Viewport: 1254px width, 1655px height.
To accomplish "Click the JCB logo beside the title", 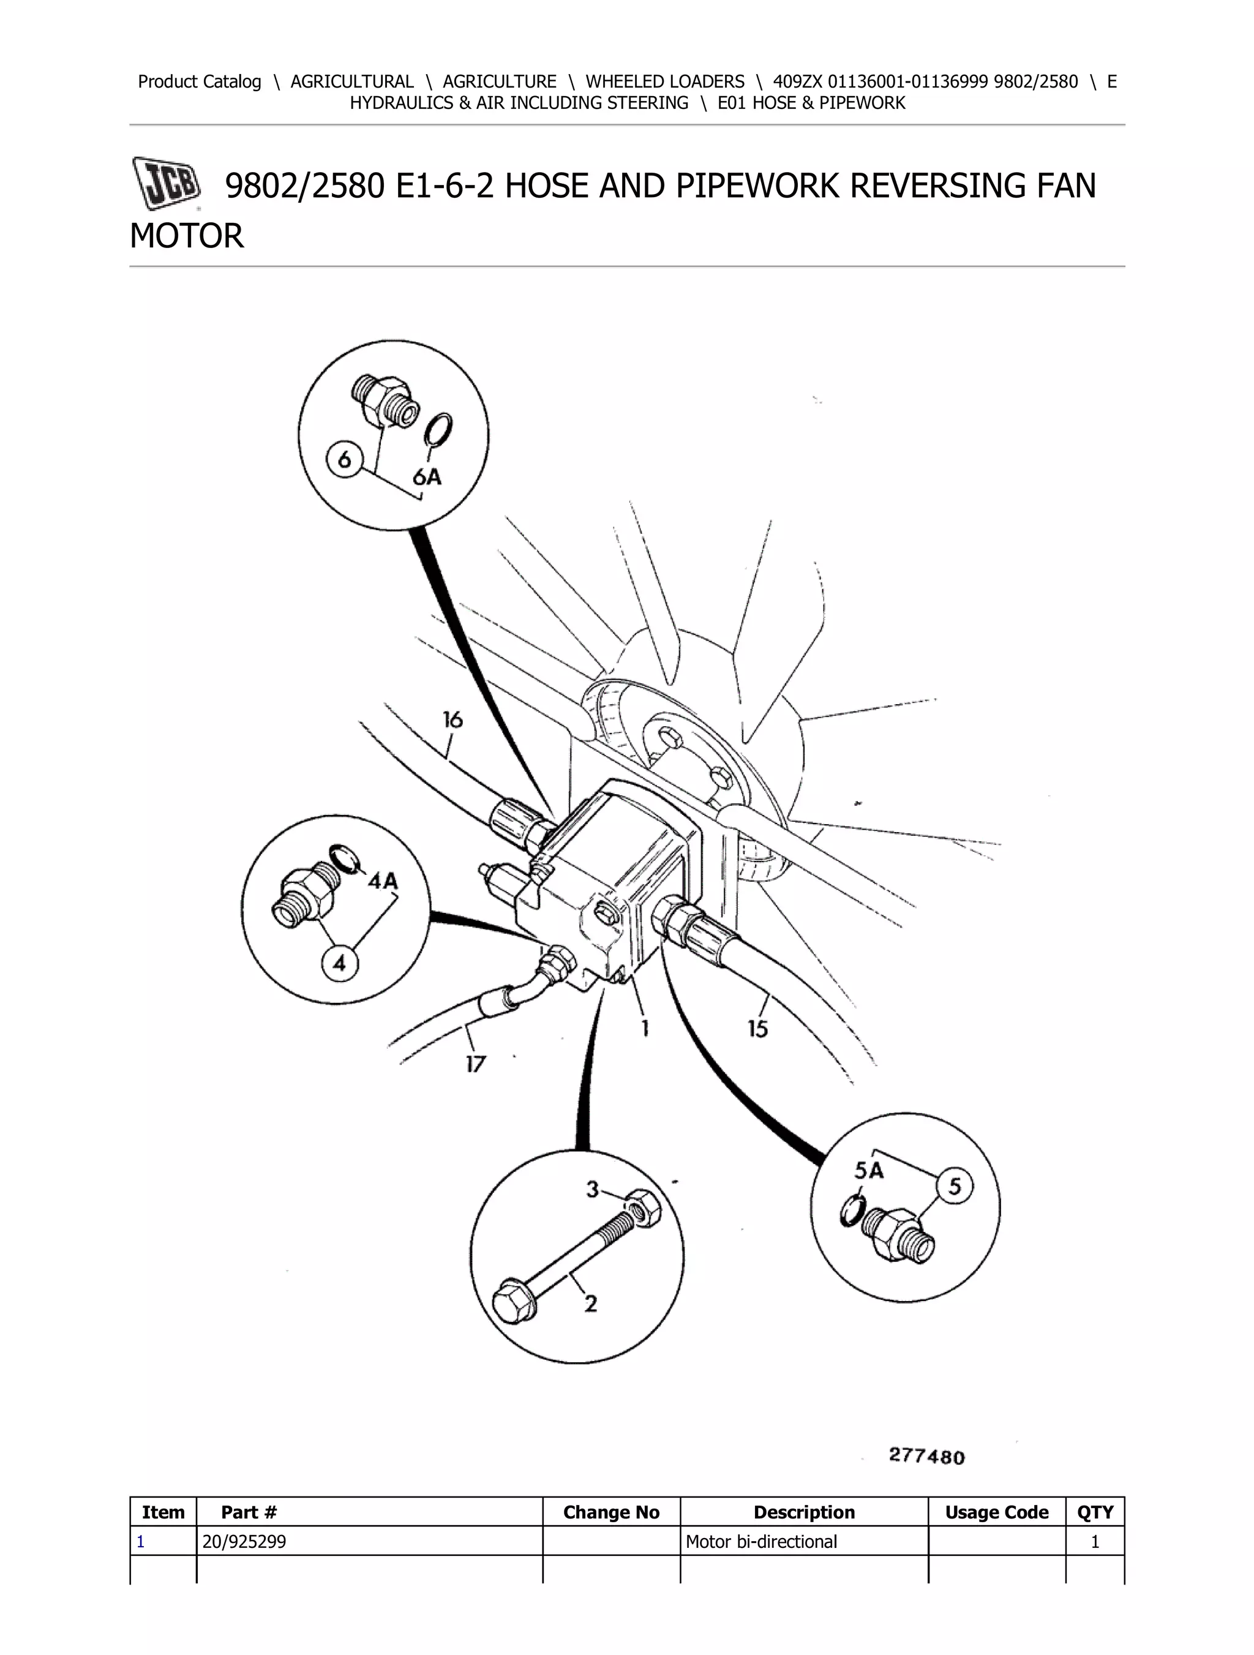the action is coord(166,182).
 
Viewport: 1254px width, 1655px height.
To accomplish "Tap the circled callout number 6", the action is coord(345,459).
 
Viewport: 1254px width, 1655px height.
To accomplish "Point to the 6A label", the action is coord(427,476).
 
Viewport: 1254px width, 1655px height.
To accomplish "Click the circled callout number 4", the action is coord(340,964).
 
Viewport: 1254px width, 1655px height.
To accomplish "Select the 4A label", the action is coord(382,881).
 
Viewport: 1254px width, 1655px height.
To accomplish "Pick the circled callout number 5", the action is coord(955,1186).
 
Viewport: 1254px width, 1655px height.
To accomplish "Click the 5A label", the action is coord(869,1170).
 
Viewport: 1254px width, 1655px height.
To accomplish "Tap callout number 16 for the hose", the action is coord(452,720).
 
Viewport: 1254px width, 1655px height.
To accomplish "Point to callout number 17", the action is coord(475,1064).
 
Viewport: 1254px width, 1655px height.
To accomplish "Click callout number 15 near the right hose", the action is coord(758,1029).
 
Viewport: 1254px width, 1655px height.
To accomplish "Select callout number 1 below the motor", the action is coord(644,1028).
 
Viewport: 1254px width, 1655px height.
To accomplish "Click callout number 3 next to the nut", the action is coord(593,1189).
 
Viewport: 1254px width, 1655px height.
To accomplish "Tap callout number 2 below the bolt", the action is coord(590,1304).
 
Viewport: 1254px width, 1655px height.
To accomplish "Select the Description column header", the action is coord(805,1512).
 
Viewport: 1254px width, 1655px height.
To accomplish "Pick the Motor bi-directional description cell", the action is coord(761,1541).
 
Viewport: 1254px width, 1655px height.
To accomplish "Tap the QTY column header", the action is coord(1095,1512).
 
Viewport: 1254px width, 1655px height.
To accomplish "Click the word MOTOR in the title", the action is coord(187,236).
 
